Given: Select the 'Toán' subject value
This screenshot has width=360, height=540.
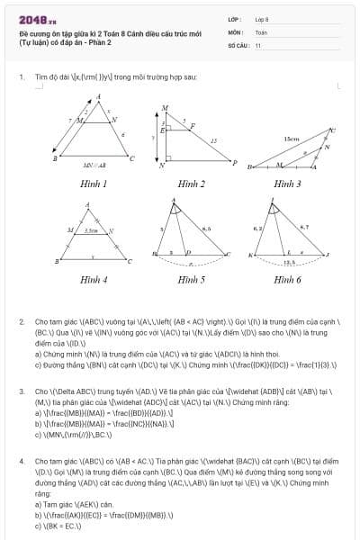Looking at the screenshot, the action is click(x=261, y=31).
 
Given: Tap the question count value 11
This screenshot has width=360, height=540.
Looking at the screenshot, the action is click(x=258, y=44).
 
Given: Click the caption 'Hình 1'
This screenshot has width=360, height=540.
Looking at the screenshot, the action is click(x=93, y=184).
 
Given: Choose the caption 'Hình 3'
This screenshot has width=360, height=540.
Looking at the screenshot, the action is click(x=287, y=184).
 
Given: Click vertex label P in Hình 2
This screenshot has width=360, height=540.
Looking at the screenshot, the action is click(x=235, y=163).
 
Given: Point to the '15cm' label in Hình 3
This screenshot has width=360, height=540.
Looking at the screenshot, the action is click(x=291, y=139).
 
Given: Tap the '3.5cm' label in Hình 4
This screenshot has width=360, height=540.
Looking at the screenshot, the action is click(x=91, y=230).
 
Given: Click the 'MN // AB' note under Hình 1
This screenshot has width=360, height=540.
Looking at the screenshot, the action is click(x=93, y=165).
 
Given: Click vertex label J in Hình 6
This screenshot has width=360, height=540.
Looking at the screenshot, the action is click(x=328, y=256).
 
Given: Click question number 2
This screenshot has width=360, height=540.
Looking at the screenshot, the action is click(x=22, y=320).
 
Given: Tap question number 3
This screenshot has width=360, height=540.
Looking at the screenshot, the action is click(x=22, y=391).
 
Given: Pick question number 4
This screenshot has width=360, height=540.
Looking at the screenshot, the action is click(x=22, y=462).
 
